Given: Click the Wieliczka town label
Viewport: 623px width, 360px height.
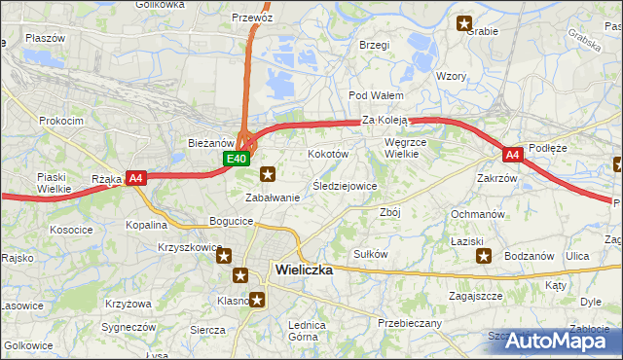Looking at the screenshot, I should tap(304, 270).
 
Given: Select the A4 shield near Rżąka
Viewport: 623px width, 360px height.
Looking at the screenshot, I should tap(136, 177).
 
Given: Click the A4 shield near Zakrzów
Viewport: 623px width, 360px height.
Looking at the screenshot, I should tap(513, 155).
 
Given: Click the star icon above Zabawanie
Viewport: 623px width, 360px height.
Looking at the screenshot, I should tap(269, 175).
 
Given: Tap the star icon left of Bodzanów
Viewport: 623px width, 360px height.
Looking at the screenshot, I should tap(484, 256).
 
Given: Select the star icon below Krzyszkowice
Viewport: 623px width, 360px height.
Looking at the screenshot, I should tap(224, 257).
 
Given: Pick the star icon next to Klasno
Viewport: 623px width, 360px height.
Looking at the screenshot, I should tap(257, 301).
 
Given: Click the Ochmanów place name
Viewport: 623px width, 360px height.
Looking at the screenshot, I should tap(477, 214).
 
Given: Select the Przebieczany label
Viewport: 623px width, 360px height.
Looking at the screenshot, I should tap(409, 323).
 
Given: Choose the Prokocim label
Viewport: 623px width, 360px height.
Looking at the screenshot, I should tap(59, 121).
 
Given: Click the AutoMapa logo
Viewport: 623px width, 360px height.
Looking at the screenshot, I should tap(555, 341).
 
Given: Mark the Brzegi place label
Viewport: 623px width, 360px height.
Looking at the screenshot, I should tap(374, 45).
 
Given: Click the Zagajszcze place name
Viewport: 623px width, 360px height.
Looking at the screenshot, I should tap(475, 295).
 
